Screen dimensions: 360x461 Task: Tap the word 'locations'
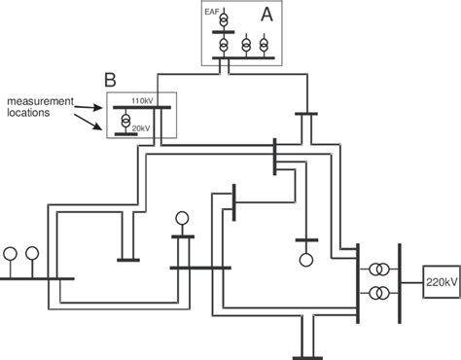[31, 114]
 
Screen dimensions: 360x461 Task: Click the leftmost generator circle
[12, 254]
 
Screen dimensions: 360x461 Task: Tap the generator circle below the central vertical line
[306, 260]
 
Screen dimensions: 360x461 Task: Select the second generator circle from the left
[32, 254]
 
